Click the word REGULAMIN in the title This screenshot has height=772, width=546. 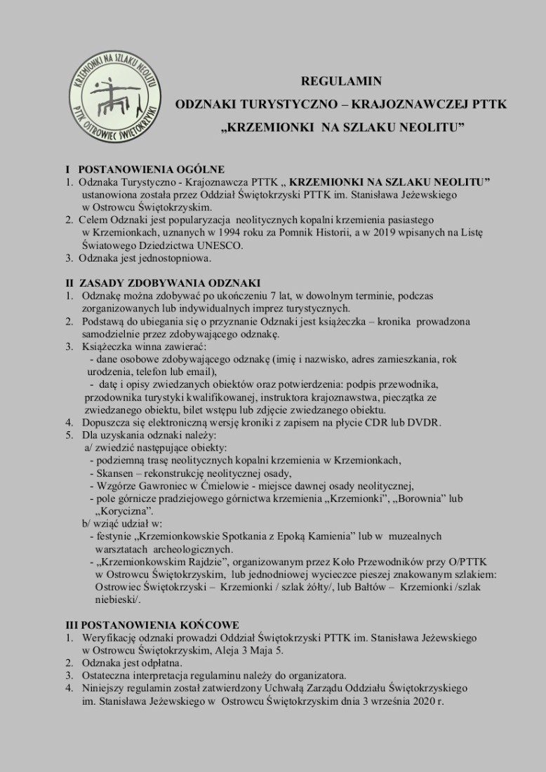click(x=340, y=81)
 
